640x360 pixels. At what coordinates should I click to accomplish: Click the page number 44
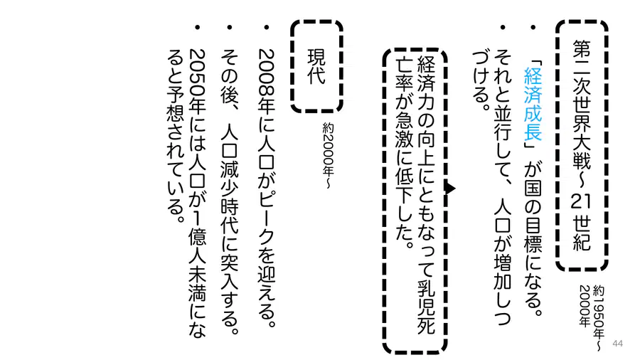(617, 343)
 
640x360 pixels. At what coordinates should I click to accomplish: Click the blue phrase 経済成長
(533, 103)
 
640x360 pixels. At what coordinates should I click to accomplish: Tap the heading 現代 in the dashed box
(316, 67)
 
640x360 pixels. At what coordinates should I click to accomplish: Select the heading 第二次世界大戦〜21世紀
(581, 145)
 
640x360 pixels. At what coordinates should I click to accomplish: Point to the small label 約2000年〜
(328, 156)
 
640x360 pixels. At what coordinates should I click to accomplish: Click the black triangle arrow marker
(451, 189)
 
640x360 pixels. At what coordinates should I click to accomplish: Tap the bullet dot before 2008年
(267, 28)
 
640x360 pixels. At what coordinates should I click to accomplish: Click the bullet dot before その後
(230, 28)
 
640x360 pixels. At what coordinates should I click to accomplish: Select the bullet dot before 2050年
(198, 28)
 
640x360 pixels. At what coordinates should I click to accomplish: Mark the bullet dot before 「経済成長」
(533, 28)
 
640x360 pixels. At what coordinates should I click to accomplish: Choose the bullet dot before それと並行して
(503, 28)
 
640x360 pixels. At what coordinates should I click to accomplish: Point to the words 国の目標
(533, 216)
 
